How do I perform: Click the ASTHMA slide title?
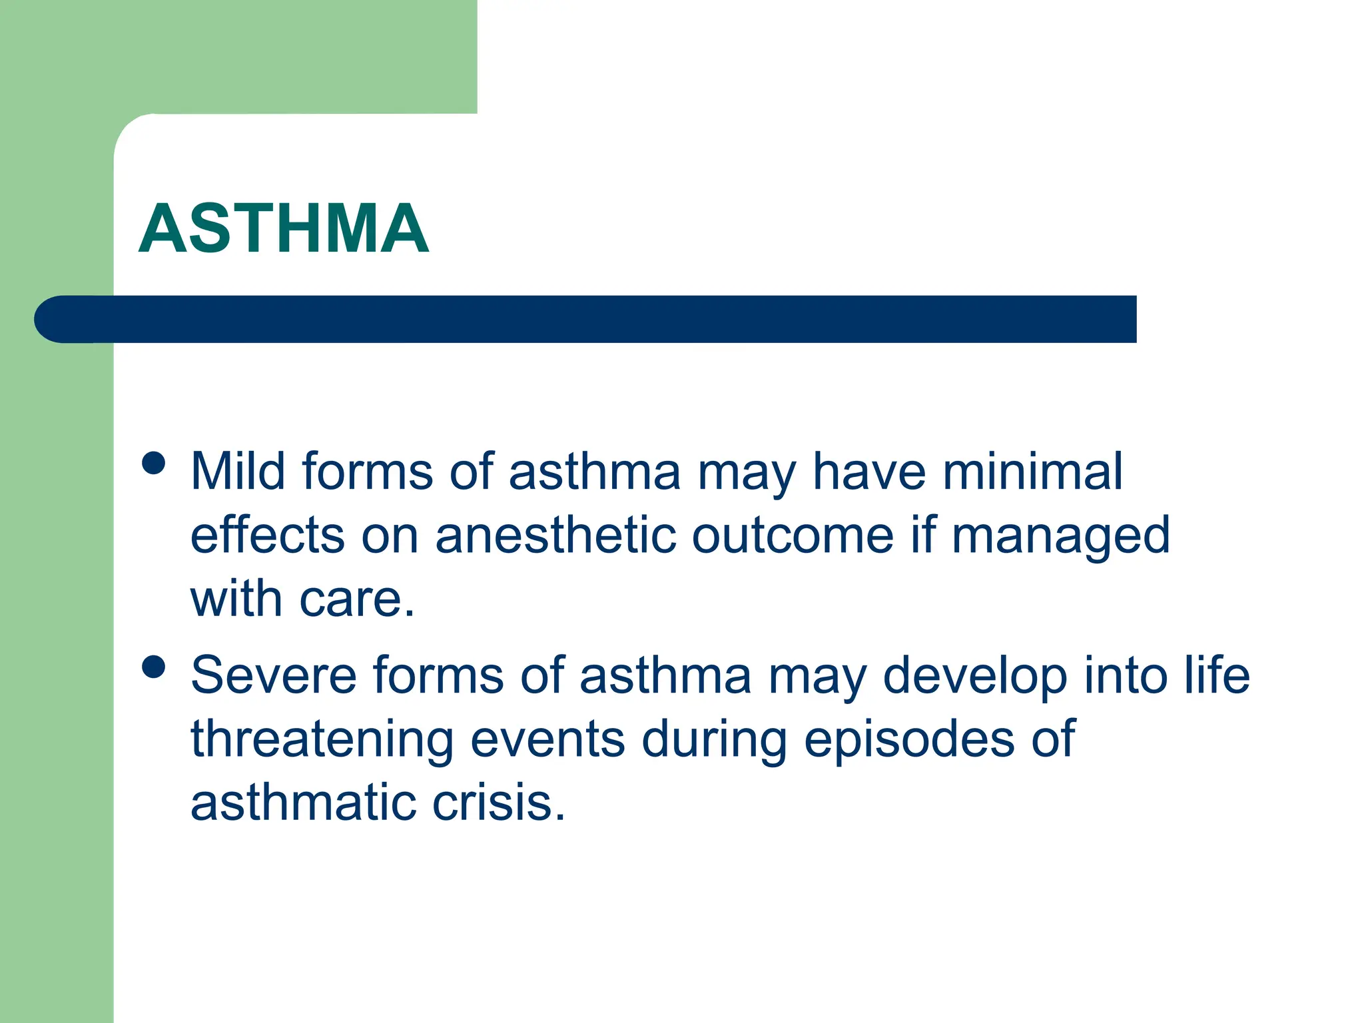[x=284, y=228]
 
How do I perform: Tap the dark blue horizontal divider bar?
[x=586, y=319]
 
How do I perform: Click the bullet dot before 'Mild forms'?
[x=154, y=464]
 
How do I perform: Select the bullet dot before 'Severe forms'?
[x=154, y=667]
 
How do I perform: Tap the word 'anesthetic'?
[x=555, y=535]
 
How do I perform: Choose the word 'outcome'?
[x=793, y=535]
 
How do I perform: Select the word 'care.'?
[x=357, y=599]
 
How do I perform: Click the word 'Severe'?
[x=274, y=675]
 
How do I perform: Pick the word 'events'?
[x=547, y=739]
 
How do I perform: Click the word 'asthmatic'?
[x=304, y=803]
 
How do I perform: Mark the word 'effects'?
[x=268, y=535]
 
